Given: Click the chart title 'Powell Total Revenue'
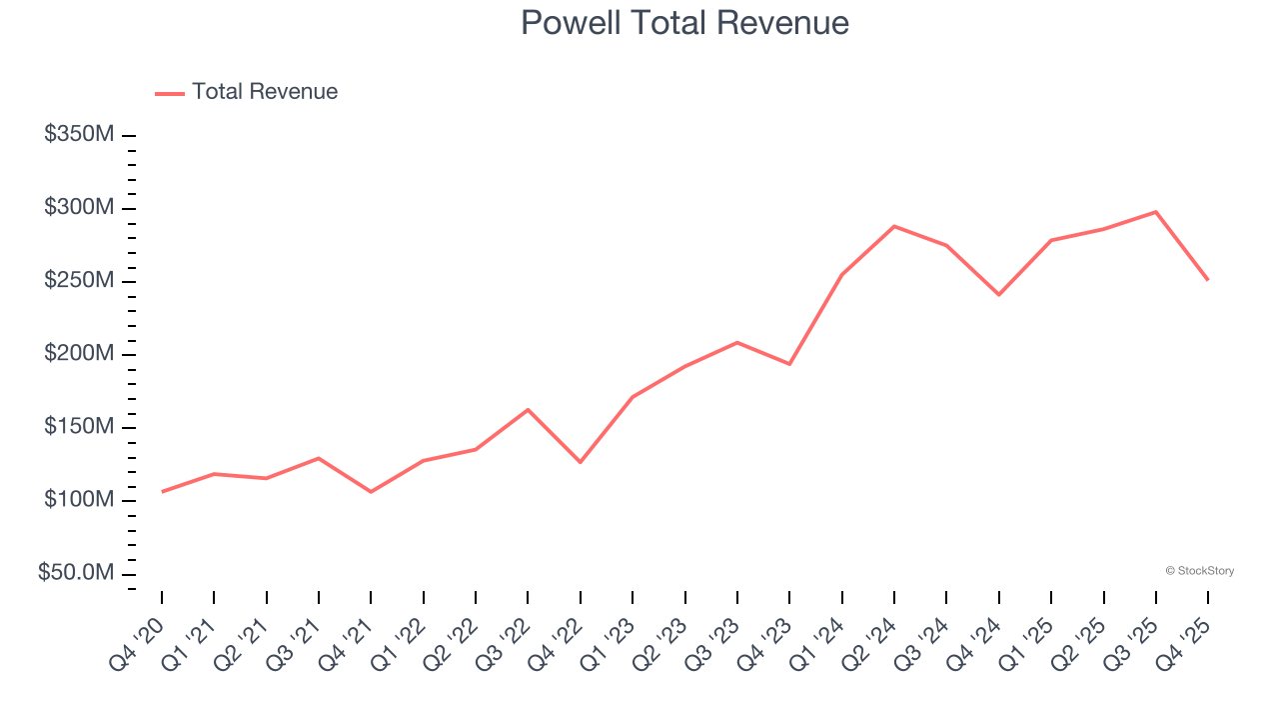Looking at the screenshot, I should pyautogui.click(x=684, y=23).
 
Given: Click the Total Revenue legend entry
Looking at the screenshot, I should pyautogui.click(x=247, y=92).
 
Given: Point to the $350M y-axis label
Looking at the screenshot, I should pyautogui.click(x=79, y=135).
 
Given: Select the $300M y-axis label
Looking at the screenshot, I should pyautogui.click(x=79, y=208).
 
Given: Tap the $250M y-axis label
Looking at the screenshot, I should pyautogui.click(x=79, y=281).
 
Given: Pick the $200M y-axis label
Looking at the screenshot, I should pyautogui.click(x=79, y=354).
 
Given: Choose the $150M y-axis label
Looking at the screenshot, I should pyautogui.click(x=79, y=427).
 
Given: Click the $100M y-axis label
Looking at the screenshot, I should pyautogui.click(x=79, y=500).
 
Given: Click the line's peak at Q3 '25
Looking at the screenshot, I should pyautogui.click(x=1156, y=212).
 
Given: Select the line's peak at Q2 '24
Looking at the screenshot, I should pyautogui.click(x=894, y=226).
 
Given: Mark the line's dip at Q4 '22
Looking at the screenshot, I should pyautogui.click(x=581, y=462).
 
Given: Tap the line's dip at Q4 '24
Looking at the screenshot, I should pyautogui.click(x=999, y=294).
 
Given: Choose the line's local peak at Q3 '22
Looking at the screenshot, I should pyautogui.click(x=528, y=410).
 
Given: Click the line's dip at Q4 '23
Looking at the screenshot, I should pyautogui.click(x=789, y=363).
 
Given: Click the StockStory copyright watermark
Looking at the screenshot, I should pyautogui.click(x=1199, y=571).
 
